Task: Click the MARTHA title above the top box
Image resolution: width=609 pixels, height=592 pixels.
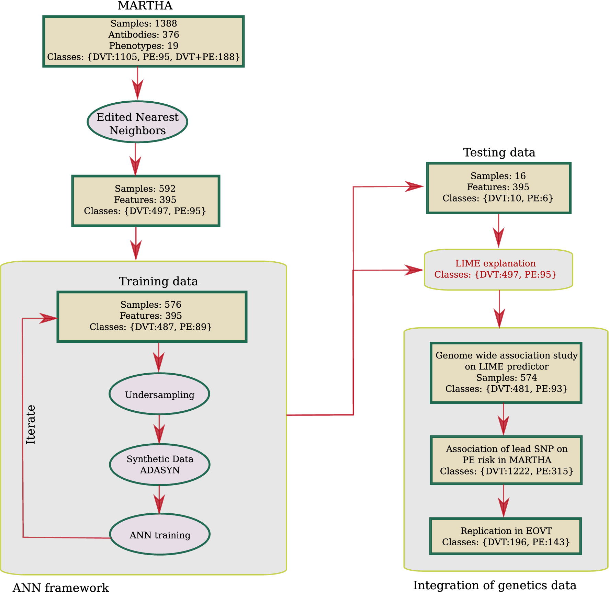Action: pos(145,6)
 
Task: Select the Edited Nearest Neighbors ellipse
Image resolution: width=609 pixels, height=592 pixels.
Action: pos(137,122)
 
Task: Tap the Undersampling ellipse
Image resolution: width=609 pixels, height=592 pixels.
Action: pos(159,394)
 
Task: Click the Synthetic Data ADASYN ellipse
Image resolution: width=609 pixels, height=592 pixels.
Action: pos(160,465)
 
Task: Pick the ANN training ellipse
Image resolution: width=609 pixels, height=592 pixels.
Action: pos(160,535)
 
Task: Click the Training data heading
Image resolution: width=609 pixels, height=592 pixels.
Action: pos(158,281)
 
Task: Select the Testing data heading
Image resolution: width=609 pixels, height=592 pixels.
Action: pos(499,152)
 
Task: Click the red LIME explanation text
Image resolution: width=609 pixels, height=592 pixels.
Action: pos(495,263)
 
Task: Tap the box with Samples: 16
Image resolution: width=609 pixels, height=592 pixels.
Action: pos(498,188)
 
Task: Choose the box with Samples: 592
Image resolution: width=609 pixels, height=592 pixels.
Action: pos(146,201)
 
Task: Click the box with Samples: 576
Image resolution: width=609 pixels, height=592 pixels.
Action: pos(152,317)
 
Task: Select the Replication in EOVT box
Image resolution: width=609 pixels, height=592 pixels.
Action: pos(506,536)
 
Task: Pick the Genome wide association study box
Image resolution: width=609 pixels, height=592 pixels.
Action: pos(506,373)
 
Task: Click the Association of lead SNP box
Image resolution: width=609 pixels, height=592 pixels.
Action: pos(506,460)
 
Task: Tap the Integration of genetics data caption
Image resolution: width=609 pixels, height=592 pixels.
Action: pos(495,585)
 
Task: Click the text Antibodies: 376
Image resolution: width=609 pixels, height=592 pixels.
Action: pos(144,35)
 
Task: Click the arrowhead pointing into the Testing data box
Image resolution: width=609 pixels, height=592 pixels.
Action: pos(414,186)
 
